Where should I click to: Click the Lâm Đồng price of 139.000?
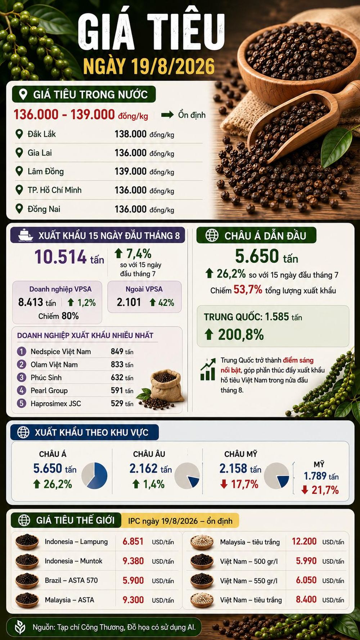130,171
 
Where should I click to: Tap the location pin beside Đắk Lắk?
19,134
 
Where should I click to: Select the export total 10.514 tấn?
69,257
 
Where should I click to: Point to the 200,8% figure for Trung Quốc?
241,335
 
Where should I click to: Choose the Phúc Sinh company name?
46,377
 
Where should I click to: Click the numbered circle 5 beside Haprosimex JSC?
22,403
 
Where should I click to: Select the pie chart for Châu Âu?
187,475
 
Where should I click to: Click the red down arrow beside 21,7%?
305,490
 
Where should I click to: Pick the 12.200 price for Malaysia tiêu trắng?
304,541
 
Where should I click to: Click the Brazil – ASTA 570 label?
71,580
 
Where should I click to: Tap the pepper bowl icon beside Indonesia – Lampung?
27,541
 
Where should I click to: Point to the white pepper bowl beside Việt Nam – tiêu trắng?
202,600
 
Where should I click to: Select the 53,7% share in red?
248,289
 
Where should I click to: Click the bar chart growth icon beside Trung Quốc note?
207,369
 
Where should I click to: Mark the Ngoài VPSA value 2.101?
129,302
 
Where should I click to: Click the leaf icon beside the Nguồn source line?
20,627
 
